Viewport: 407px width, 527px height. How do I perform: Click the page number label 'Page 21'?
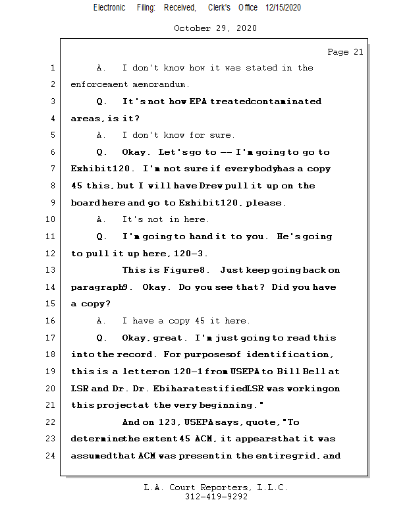[x=345, y=52]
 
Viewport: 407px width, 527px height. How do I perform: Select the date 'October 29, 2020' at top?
[x=215, y=28]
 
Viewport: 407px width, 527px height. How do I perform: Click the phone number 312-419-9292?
[x=216, y=497]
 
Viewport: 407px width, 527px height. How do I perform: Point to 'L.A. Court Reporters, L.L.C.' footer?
[x=215, y=488]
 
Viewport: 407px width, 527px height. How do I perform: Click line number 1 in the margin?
[x=51, y=68]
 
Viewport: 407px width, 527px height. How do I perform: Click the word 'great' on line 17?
[x=168, y=338]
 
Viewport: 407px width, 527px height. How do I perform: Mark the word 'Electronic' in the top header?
[x=109, y=7]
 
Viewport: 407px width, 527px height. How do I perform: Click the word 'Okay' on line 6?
[x=135, y=152]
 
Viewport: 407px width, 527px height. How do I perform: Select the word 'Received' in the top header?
[x=180, y=7]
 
